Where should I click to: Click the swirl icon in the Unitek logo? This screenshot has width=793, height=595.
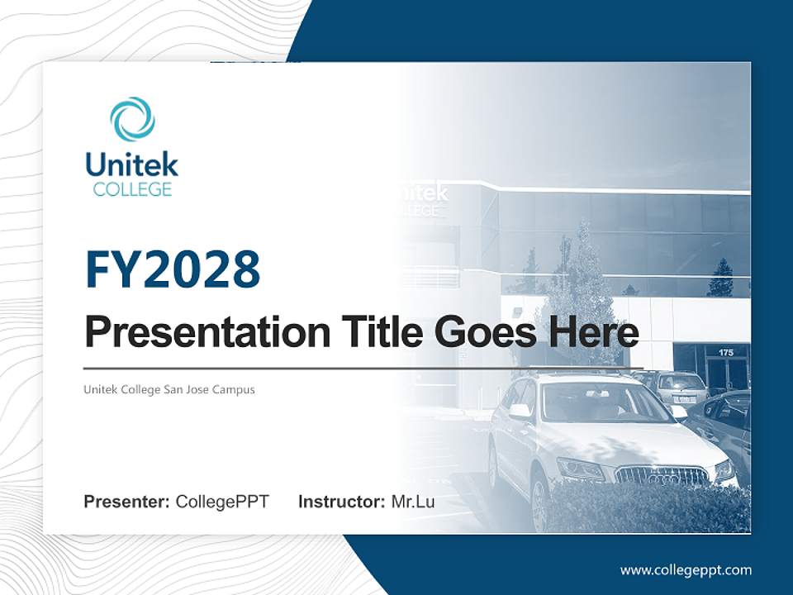pos(132,119)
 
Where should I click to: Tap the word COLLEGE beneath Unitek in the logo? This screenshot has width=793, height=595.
pos(132,189)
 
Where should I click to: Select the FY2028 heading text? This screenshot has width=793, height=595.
pos(173,269)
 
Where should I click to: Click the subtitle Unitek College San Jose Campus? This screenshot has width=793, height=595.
pos(169,389)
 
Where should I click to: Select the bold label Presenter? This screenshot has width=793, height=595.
pos(127,502)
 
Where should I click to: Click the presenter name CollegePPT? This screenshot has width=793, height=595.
pos(222,502)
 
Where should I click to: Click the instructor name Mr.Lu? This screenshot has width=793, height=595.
pos(413,502)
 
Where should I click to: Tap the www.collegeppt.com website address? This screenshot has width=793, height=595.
pos(686,570)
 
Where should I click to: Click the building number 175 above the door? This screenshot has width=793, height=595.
pos(725,353)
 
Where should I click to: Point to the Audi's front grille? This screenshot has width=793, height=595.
pos(662,475)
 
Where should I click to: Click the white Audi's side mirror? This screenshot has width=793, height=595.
pos(520,411)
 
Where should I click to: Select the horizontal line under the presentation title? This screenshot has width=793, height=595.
pos(363,368)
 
